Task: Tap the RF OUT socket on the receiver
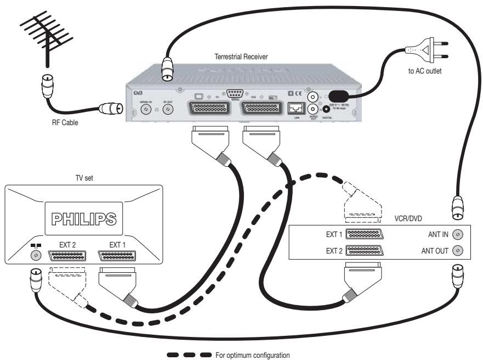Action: tap(169, 110)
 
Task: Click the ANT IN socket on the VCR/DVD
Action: tap(459, 234)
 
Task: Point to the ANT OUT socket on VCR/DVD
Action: tap(459, 251)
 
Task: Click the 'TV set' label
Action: tap(83, 178)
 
